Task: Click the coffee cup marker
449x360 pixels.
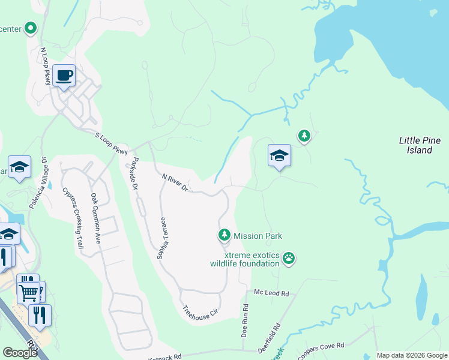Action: coord(64,76)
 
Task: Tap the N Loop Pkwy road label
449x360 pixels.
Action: coord(45,67)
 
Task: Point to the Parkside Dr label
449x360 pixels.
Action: coord(135,174)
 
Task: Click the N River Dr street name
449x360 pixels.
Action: coord(175,182)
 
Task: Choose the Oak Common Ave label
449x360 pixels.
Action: coord(95,217)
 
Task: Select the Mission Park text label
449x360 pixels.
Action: coord(258,236)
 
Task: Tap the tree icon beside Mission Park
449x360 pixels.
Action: coord(224,234)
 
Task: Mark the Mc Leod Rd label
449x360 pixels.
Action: coord(271,293)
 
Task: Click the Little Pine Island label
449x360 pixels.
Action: coord(420,145)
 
